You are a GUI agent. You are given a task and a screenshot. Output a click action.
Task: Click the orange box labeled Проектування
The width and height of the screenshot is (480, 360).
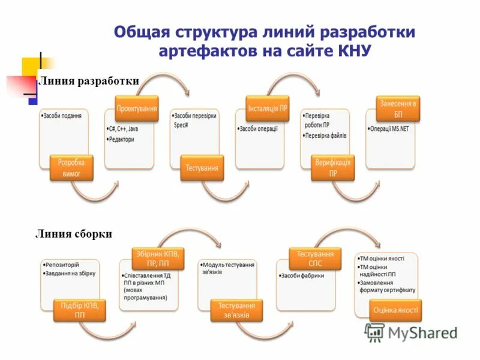click(137, 109)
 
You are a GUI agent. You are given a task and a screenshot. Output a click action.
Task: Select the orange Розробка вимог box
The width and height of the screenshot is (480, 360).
click(71, 168)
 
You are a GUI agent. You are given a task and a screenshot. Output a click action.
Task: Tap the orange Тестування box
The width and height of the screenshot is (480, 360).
click(202, 168)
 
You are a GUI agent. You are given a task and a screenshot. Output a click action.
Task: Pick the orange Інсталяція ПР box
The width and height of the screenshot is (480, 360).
click(268, 109)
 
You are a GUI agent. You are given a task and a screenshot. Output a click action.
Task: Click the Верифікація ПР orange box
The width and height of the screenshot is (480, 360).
click(333, 168)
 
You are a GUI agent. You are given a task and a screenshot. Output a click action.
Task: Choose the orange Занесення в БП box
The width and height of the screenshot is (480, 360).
click(398, 109)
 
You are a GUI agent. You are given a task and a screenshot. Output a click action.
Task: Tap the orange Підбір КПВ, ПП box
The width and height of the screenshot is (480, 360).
click(79, 310)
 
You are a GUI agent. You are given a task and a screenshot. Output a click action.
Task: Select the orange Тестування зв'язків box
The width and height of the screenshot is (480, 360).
click(236, 310)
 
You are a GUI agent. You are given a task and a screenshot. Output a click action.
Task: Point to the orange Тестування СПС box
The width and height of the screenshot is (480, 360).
click(315, 259)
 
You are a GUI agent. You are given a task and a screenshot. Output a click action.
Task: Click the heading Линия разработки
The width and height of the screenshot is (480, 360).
click(89, 81)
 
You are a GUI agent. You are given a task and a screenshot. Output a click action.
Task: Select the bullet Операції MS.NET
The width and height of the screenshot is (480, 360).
click(389, 128)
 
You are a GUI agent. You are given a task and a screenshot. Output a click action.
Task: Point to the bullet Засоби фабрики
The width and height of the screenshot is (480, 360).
click(302, 276)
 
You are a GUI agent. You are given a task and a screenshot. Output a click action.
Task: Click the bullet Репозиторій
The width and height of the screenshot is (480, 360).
click(62, 265)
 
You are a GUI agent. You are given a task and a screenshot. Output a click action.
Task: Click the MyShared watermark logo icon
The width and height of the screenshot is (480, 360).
click(374, 332)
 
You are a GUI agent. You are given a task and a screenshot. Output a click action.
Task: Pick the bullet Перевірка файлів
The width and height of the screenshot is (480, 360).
click(325, 136)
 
